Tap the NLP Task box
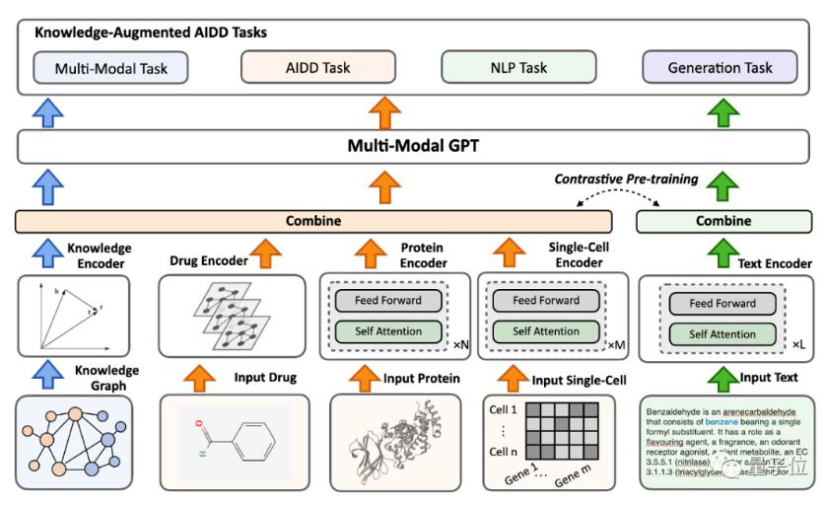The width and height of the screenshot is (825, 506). coord(517,68)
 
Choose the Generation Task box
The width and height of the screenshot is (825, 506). coord(721,68)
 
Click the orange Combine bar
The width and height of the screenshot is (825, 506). coord(313,221)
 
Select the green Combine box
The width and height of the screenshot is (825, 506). coord(722,221)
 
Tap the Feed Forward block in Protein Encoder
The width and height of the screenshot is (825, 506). coord(384,300)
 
